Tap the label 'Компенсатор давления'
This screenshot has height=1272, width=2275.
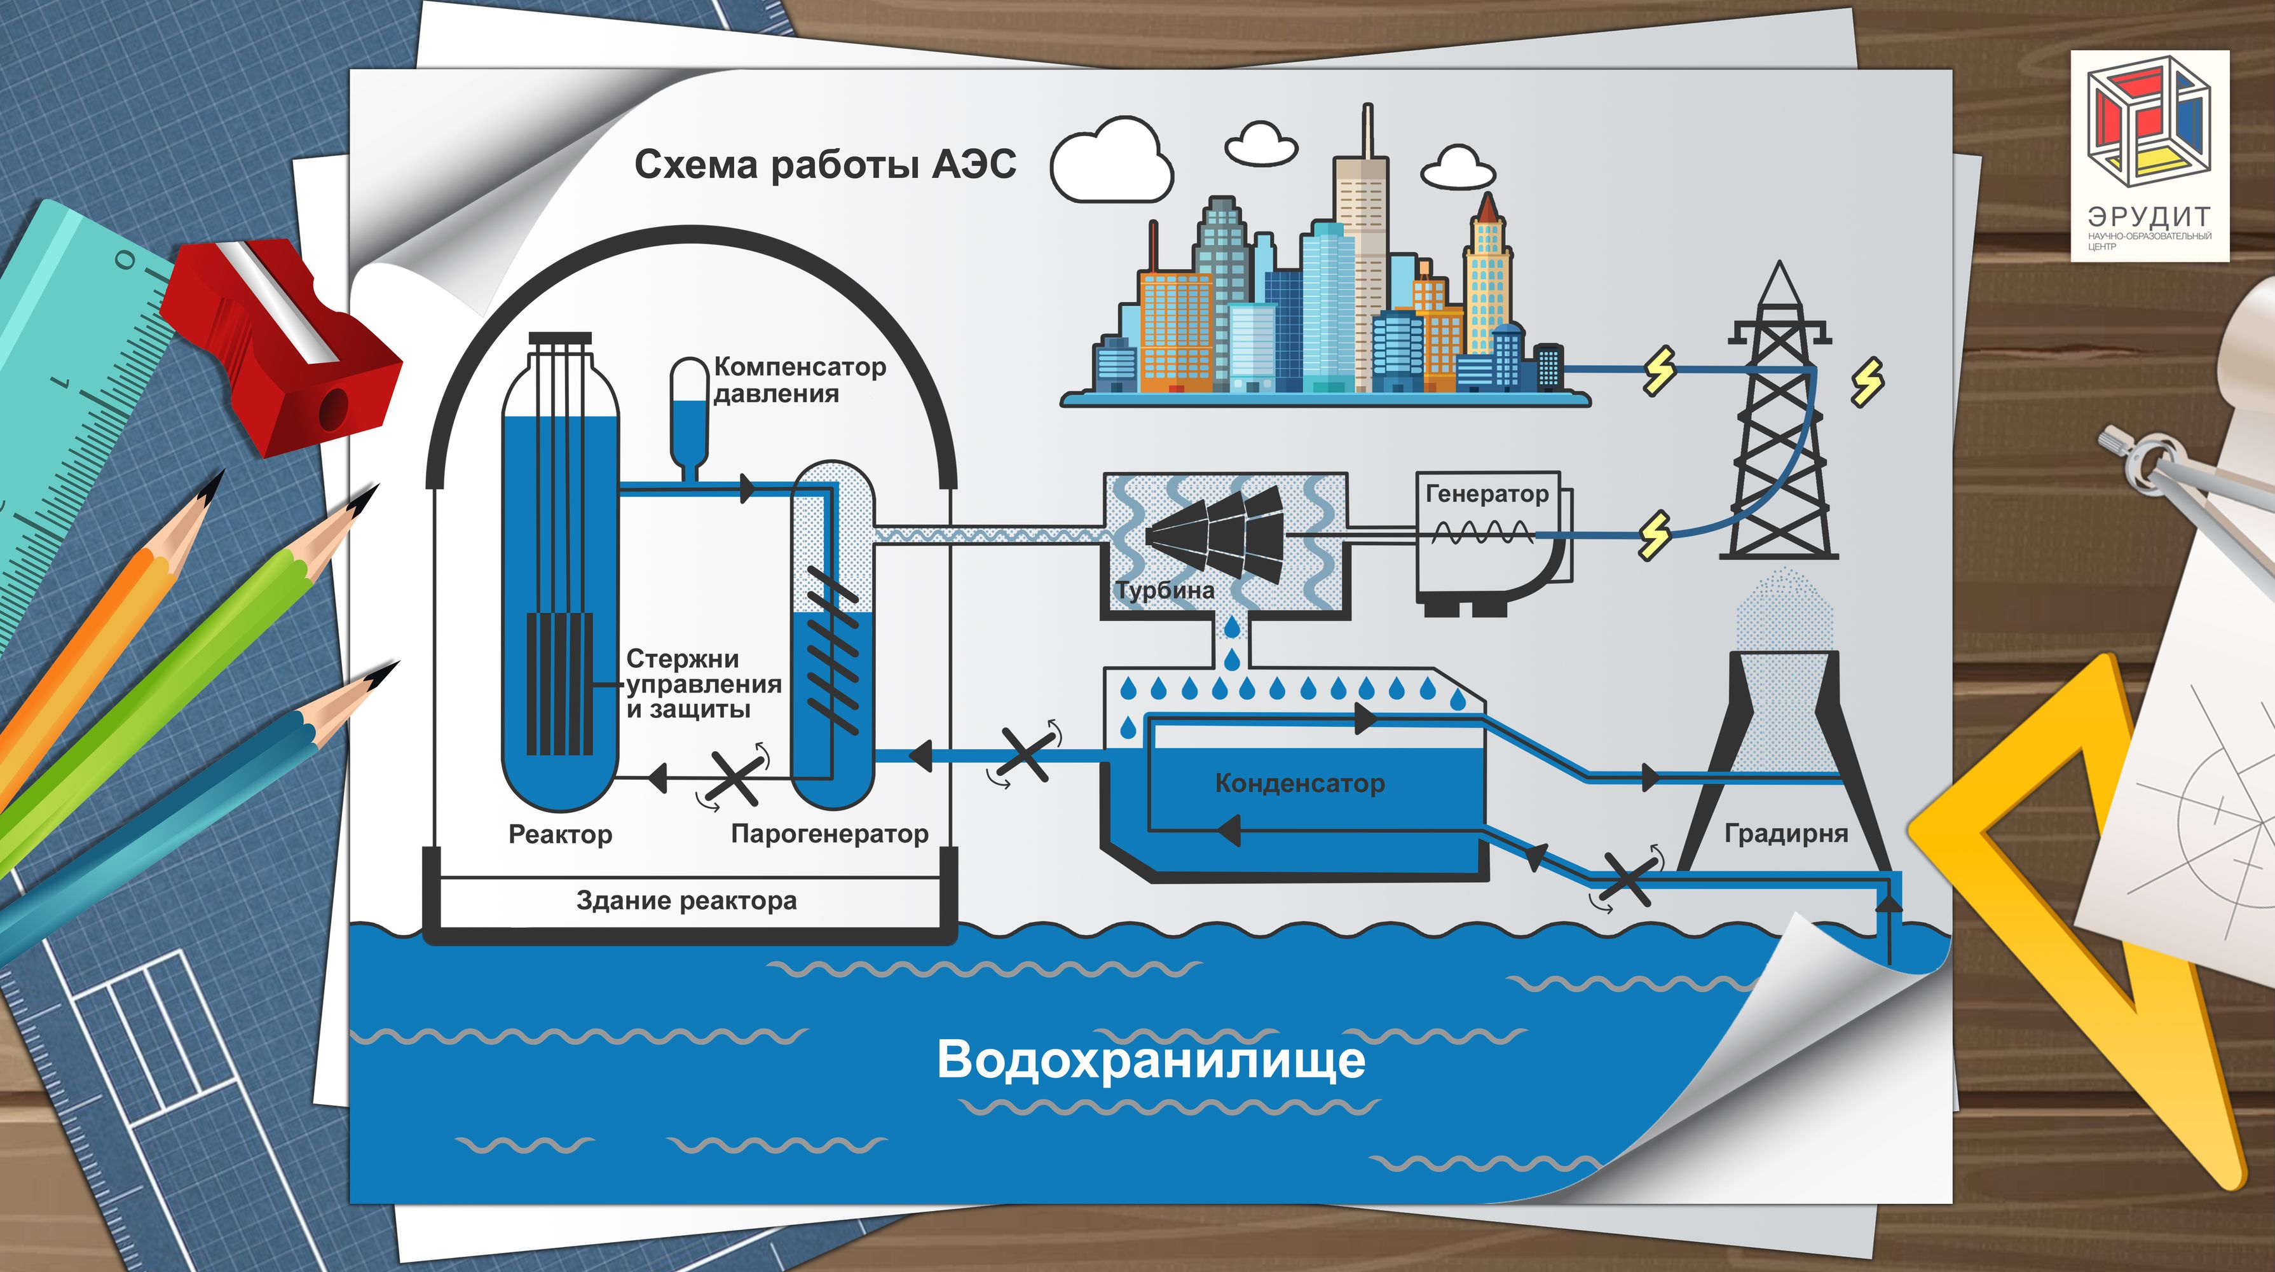tap(798, 380)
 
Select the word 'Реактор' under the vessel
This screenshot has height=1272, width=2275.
tap(560, 834)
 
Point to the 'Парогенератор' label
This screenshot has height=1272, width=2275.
tap(830, 834)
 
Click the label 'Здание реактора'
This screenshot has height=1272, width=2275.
tap(687, 901)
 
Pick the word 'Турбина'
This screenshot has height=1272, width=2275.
tap(1164, 590)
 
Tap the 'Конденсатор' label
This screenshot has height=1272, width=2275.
tap(1299, 784)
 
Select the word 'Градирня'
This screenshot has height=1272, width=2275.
tap(1786, 834)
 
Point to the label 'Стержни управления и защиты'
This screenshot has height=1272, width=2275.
tap(703, 684)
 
